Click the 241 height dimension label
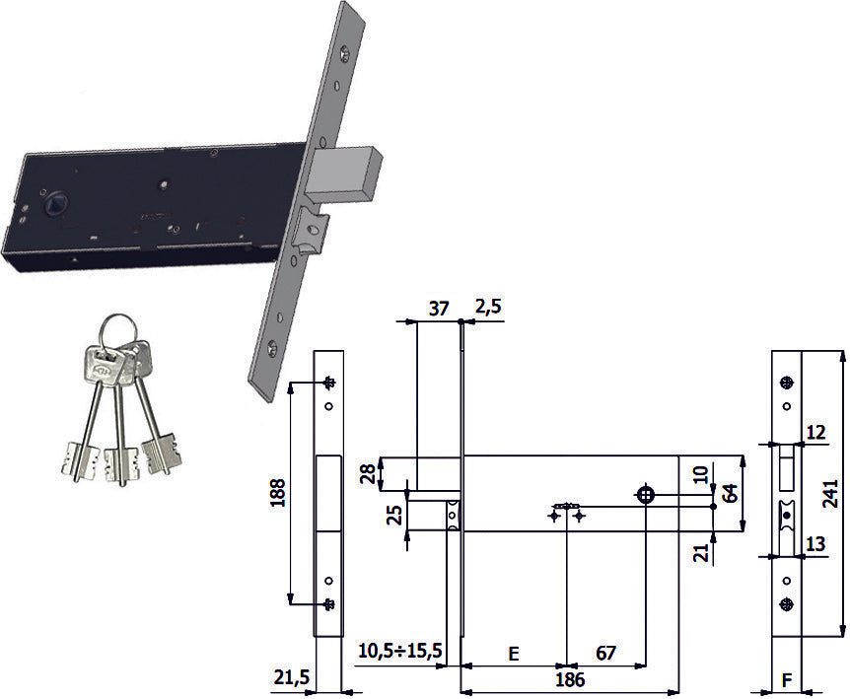click(x=830, y=493)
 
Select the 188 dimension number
click(x=277, y=493)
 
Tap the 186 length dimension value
click(x=570, y=679)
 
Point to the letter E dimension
click(x=514, y=654)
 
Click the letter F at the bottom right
click(x=787, y=679)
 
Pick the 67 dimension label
click(x=605, y=653)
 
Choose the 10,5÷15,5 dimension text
click(x=400, y=651)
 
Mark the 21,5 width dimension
click(x=292, y=676)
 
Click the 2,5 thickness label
click(x=488, y=306)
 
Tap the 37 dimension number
click(x=439, y=309)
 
